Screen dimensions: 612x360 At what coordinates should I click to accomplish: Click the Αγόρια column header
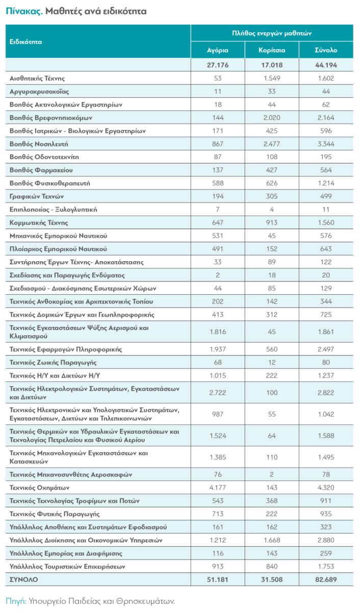click(x=218, y=50)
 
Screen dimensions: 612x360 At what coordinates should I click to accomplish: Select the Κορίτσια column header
click(x=272, y=50)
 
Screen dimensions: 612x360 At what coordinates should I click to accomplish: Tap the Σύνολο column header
click(x=326, y=50)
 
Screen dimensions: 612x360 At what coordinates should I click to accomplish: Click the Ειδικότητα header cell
click(x=26, y=41)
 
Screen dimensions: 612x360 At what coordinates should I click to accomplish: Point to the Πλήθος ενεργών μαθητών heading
click(x=271, y=33)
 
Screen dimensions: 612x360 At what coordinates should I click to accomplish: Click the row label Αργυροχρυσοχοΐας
click(x=40, y=92)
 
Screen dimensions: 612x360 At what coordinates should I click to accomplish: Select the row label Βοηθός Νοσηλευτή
click(x=39, y=144)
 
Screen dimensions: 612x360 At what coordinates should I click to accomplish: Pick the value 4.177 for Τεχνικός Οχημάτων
click(x=218, y=488)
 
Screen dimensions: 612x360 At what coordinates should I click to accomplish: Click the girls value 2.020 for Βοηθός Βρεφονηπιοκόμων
click(x=272, y=118)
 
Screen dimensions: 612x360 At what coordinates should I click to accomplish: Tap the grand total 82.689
click(x=326, y=580)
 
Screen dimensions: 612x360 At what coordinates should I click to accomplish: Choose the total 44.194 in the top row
click(x=326, y=65)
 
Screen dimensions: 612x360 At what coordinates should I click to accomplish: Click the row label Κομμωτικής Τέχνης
click(x=39, y=223)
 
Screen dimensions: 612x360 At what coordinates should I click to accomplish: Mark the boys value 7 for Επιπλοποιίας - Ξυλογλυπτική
click(x=218, y=210)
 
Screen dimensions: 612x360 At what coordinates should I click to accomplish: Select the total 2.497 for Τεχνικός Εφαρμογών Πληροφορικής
click(x=326, y=349)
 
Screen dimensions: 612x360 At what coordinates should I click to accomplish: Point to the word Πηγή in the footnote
click(x=16, y=601)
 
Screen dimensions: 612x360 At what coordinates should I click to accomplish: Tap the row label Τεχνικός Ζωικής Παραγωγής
click(x=53, y=363)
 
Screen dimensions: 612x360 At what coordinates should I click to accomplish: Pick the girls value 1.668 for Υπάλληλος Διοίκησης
click(x=272, y=540)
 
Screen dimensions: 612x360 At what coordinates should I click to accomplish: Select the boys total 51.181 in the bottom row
click(x=218, y=580)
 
